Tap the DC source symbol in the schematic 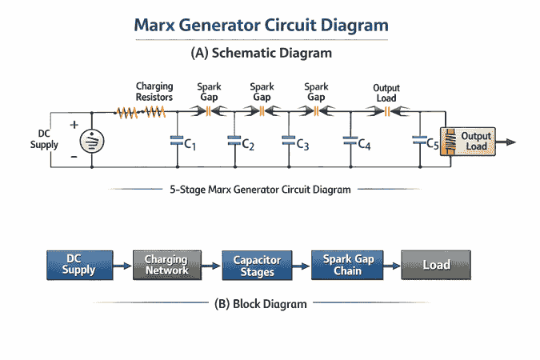[x=92, y=140]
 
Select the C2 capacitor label [x=247, y=145]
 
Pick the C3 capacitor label [x=302, y=145]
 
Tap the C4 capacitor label [x=364, y=145]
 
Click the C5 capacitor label [x=432, y=145]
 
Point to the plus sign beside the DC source [x=74, y=125]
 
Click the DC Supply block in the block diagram [x=78, y=264]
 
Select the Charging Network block [x=166, y=264]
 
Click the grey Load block [x=435, y=264]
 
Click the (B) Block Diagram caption [x=261, y=304]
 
